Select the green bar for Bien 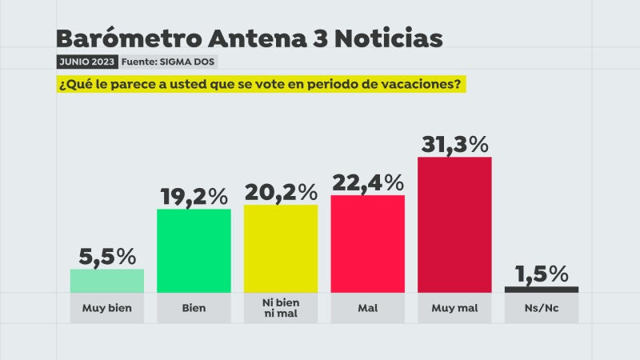click(x=194, y=250)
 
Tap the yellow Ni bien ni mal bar click(x=281, y=248)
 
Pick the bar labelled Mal click(x=367, y=244)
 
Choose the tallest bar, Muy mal click(x=454, y=224)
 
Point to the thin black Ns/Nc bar click(x=542, y=289)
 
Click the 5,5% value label click(x=107, y=257)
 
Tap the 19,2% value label click(x=194, y=196)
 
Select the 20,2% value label click(x=281, y=192)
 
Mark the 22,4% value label click(x=367, y=182)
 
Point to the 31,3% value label click(x=454, y=144)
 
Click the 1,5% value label click(x=542, y=274)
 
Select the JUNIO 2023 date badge click(x=86, y=62)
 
